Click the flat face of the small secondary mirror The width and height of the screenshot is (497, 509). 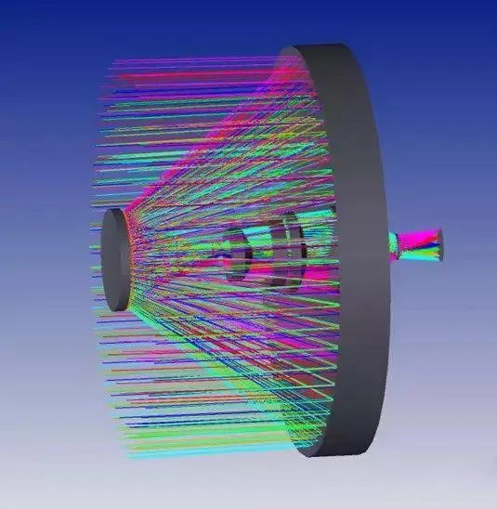(x=115, y=259)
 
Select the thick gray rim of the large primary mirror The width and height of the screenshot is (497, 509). (x=367, y=251)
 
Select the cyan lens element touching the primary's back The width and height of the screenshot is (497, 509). (x=394, y=244)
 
